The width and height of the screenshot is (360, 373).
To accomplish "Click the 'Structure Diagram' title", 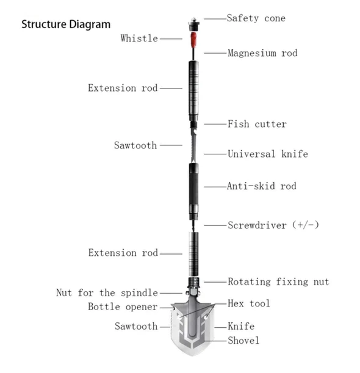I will [x=66, y=25].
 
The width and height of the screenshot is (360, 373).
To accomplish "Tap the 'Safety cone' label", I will [x=256, y=18].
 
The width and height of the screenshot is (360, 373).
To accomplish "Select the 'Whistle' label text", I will [x=139, y=38].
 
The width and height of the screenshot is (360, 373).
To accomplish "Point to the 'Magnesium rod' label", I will [x=262, y=53].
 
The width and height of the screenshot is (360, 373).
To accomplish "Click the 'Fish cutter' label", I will [x=257, y=124].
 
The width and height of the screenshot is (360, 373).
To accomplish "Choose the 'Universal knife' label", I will [x=267, y=154].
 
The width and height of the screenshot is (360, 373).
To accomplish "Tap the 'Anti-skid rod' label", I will [x=262, y=186].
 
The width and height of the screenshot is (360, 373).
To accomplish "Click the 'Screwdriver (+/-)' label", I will [x=273, y=225].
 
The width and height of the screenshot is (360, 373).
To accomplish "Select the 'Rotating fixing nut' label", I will [x=278, y=281].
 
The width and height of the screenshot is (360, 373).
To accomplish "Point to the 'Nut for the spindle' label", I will [x=107, y=293].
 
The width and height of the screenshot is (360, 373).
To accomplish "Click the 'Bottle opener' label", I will [x=123, y=306].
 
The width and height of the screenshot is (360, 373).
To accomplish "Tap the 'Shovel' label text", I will [x=243, y=340].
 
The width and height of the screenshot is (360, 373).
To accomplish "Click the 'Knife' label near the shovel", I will [x=241, y=327].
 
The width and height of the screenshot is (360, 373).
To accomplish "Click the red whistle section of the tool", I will [x=192, y=42].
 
